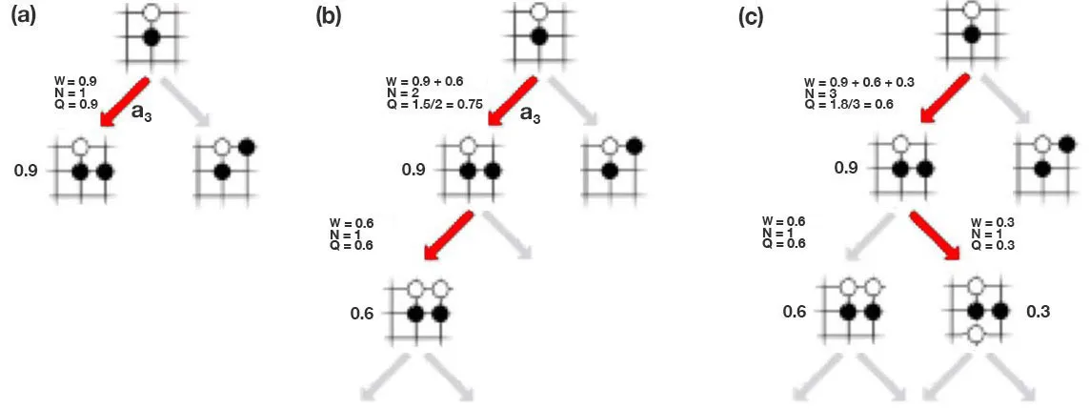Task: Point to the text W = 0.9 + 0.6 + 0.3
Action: pos(859,83)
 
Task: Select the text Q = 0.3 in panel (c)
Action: pos(993,246)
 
